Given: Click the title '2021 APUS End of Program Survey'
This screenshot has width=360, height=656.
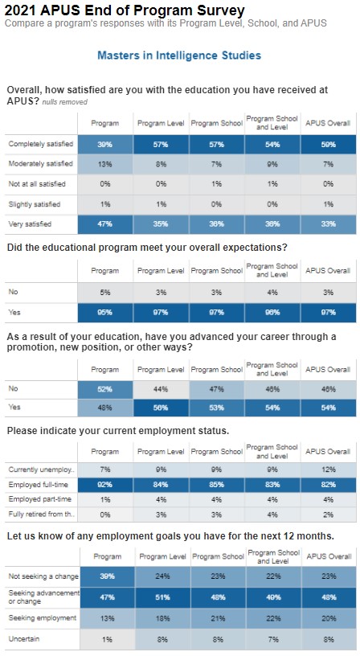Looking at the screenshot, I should [x=125, y=10].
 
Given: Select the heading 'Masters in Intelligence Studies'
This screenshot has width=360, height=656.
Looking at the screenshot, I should [x=178, y=55].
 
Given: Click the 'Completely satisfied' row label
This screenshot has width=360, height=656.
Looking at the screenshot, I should [x=40, y=144].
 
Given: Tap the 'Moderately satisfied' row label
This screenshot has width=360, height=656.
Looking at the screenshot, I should [x=40, y=164].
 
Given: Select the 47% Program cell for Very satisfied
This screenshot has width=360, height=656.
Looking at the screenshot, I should [x=105, y=224].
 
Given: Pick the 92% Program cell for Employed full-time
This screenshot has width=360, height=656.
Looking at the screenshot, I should [x=105, y=485].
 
